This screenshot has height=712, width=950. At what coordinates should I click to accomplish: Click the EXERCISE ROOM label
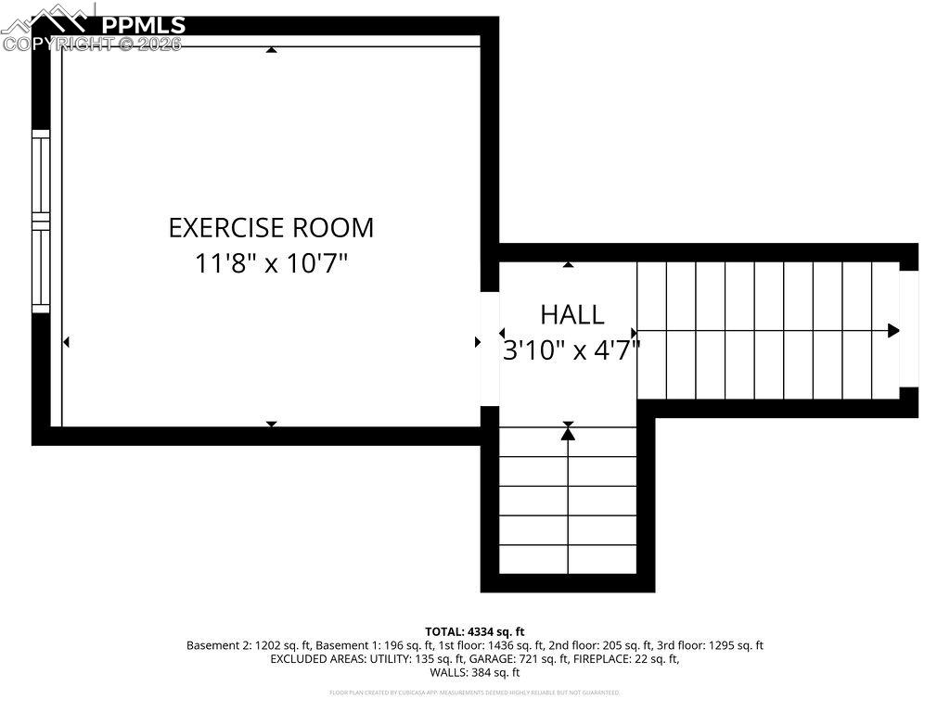[x=271, y=227]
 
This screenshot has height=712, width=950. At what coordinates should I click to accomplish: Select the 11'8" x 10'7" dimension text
[x=271, y=264]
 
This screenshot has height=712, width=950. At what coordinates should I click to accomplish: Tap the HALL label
[x=572, y=315]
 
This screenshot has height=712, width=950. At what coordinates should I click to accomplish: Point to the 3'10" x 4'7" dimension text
[x=571, y=351]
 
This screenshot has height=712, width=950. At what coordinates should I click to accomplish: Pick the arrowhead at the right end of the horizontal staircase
[x=893, y=331]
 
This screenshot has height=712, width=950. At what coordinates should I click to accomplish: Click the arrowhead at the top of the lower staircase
[x=568, y=433]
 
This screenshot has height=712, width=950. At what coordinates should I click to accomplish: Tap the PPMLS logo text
[x=143, y=25]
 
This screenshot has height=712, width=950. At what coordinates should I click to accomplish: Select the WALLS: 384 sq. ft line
[x=475, y=673]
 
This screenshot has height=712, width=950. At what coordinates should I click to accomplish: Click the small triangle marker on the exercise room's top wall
[x=271, y=49]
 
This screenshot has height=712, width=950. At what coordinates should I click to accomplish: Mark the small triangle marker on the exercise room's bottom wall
[x=271, y=424]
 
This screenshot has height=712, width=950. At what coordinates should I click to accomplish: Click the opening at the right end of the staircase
[x=908, y=329]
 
